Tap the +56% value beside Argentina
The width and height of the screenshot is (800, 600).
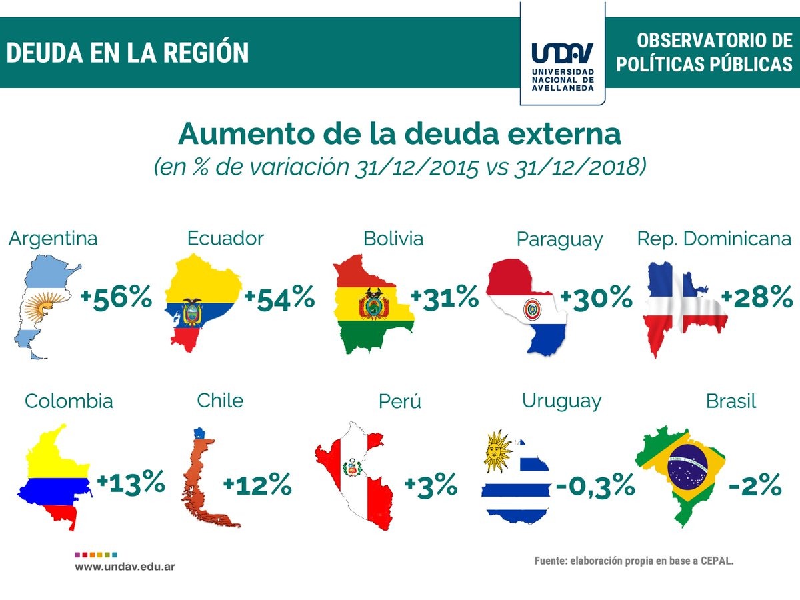(x=116, y=297)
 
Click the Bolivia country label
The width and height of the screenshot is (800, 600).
(x=393, y=238)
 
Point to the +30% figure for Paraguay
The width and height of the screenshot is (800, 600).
(x=596, y=297)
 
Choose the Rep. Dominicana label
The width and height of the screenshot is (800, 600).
(x=714, y=238)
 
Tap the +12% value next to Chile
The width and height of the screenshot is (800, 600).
(x=257, y=484)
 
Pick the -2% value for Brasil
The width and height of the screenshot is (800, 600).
(x=755, y=485)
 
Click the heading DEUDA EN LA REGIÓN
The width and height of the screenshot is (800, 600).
(x=127, y=53)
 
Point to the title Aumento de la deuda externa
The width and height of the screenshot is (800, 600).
(x=399, y=134)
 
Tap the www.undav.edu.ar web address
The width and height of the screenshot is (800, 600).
(x=125, y=566)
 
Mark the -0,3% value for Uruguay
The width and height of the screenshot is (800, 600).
(x=595, y=485)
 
